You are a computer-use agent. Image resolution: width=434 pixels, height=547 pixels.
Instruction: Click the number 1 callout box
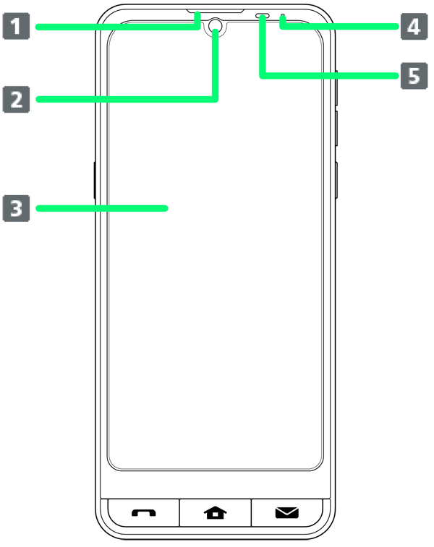(16, 26)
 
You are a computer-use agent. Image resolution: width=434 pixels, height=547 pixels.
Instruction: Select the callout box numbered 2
(16, 100)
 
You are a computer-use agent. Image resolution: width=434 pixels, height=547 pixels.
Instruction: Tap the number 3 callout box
(16, 208)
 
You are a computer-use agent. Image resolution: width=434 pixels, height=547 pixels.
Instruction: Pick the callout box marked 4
(414, 26)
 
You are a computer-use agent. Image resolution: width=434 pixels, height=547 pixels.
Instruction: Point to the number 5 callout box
(414, 76)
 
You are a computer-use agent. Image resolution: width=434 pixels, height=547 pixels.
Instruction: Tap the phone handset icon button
(143, 513)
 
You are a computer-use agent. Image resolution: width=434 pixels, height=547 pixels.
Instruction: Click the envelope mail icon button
(286, 513)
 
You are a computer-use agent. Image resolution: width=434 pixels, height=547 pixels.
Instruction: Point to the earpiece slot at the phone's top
(215, 12)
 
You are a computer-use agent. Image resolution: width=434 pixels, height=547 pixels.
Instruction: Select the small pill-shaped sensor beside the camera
(263, 16)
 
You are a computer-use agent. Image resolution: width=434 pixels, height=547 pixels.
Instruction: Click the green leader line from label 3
(102, 208)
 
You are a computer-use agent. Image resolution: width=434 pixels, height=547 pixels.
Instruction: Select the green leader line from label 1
(118, 27)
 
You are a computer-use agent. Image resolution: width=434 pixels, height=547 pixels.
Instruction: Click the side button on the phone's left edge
(95, 181)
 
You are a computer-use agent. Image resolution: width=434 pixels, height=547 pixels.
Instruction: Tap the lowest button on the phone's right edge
(336, 181)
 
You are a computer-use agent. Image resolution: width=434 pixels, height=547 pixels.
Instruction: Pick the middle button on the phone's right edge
(336, 129)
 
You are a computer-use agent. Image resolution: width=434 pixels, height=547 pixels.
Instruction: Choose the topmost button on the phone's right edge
(336, 87)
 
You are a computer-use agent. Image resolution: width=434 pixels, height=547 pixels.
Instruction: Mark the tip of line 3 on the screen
(166, 208)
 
